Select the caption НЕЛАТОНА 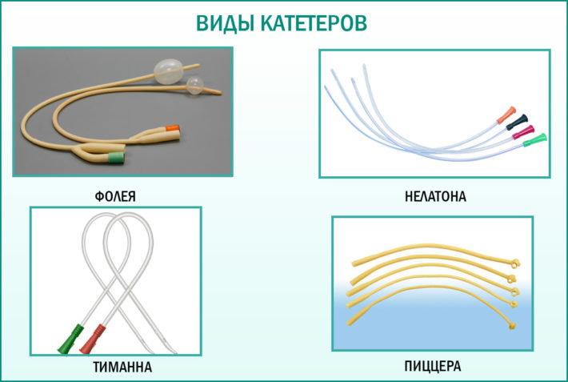[x=434, y=195]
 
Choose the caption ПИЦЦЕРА [x=432, y=368]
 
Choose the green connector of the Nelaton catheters [x=539, y=138]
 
